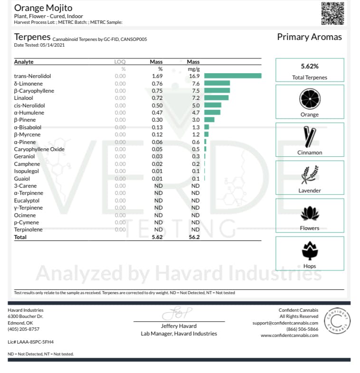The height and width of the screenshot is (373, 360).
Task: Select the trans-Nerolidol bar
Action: (x=233, y=76)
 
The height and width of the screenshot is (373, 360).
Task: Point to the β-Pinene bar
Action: (x=209, y=120)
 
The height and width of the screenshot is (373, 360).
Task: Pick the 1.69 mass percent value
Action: (x=156, y=76)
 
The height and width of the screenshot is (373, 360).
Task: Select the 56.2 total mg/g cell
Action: (x=193, y=237)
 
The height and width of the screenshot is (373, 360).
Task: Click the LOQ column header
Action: (x=120, y=62)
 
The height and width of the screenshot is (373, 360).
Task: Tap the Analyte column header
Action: (x=24, y=62)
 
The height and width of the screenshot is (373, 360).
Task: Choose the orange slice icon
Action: (x=310, y=99)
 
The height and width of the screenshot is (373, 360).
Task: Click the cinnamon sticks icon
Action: (x=310, y=137)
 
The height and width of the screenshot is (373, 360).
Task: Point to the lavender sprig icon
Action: (x=310, y=175)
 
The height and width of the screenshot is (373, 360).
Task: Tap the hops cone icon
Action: (x=310, y=251)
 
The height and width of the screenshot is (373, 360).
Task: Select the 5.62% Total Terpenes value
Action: (x=310, y=67)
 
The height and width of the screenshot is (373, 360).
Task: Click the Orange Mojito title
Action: (x=43, y=8)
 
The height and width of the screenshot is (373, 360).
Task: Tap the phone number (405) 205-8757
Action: (x=24, y=329)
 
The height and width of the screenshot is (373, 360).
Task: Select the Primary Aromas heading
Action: (x=309, y=38)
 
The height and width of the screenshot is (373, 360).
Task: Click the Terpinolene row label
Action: (x=28, y=230)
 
